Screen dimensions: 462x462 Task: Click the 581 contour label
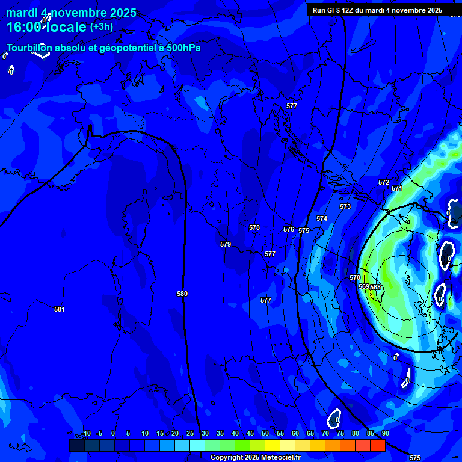pos(60,309)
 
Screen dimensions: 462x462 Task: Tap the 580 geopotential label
pos(182,294)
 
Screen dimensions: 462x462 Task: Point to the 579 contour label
pos(226,244)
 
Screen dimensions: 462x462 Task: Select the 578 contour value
pos(254,227)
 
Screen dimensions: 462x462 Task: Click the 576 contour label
pos(289,229)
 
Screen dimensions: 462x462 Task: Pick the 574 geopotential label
pos(322,218)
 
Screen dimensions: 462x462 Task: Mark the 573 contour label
pos(345,206)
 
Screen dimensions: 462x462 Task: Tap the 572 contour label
pos(384,182)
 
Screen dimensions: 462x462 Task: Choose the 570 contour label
pos(355,277)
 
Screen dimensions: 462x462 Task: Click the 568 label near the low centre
pos(376,287)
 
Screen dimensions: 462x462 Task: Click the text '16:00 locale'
pos(46,27)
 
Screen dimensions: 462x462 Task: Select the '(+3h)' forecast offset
pos(101,26)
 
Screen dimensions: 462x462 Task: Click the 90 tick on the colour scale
pos(385,433)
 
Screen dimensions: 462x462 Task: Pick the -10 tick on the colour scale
pos(86,433)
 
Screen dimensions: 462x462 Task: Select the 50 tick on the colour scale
pos(265,433)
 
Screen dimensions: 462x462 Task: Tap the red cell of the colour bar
pos(377,445)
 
